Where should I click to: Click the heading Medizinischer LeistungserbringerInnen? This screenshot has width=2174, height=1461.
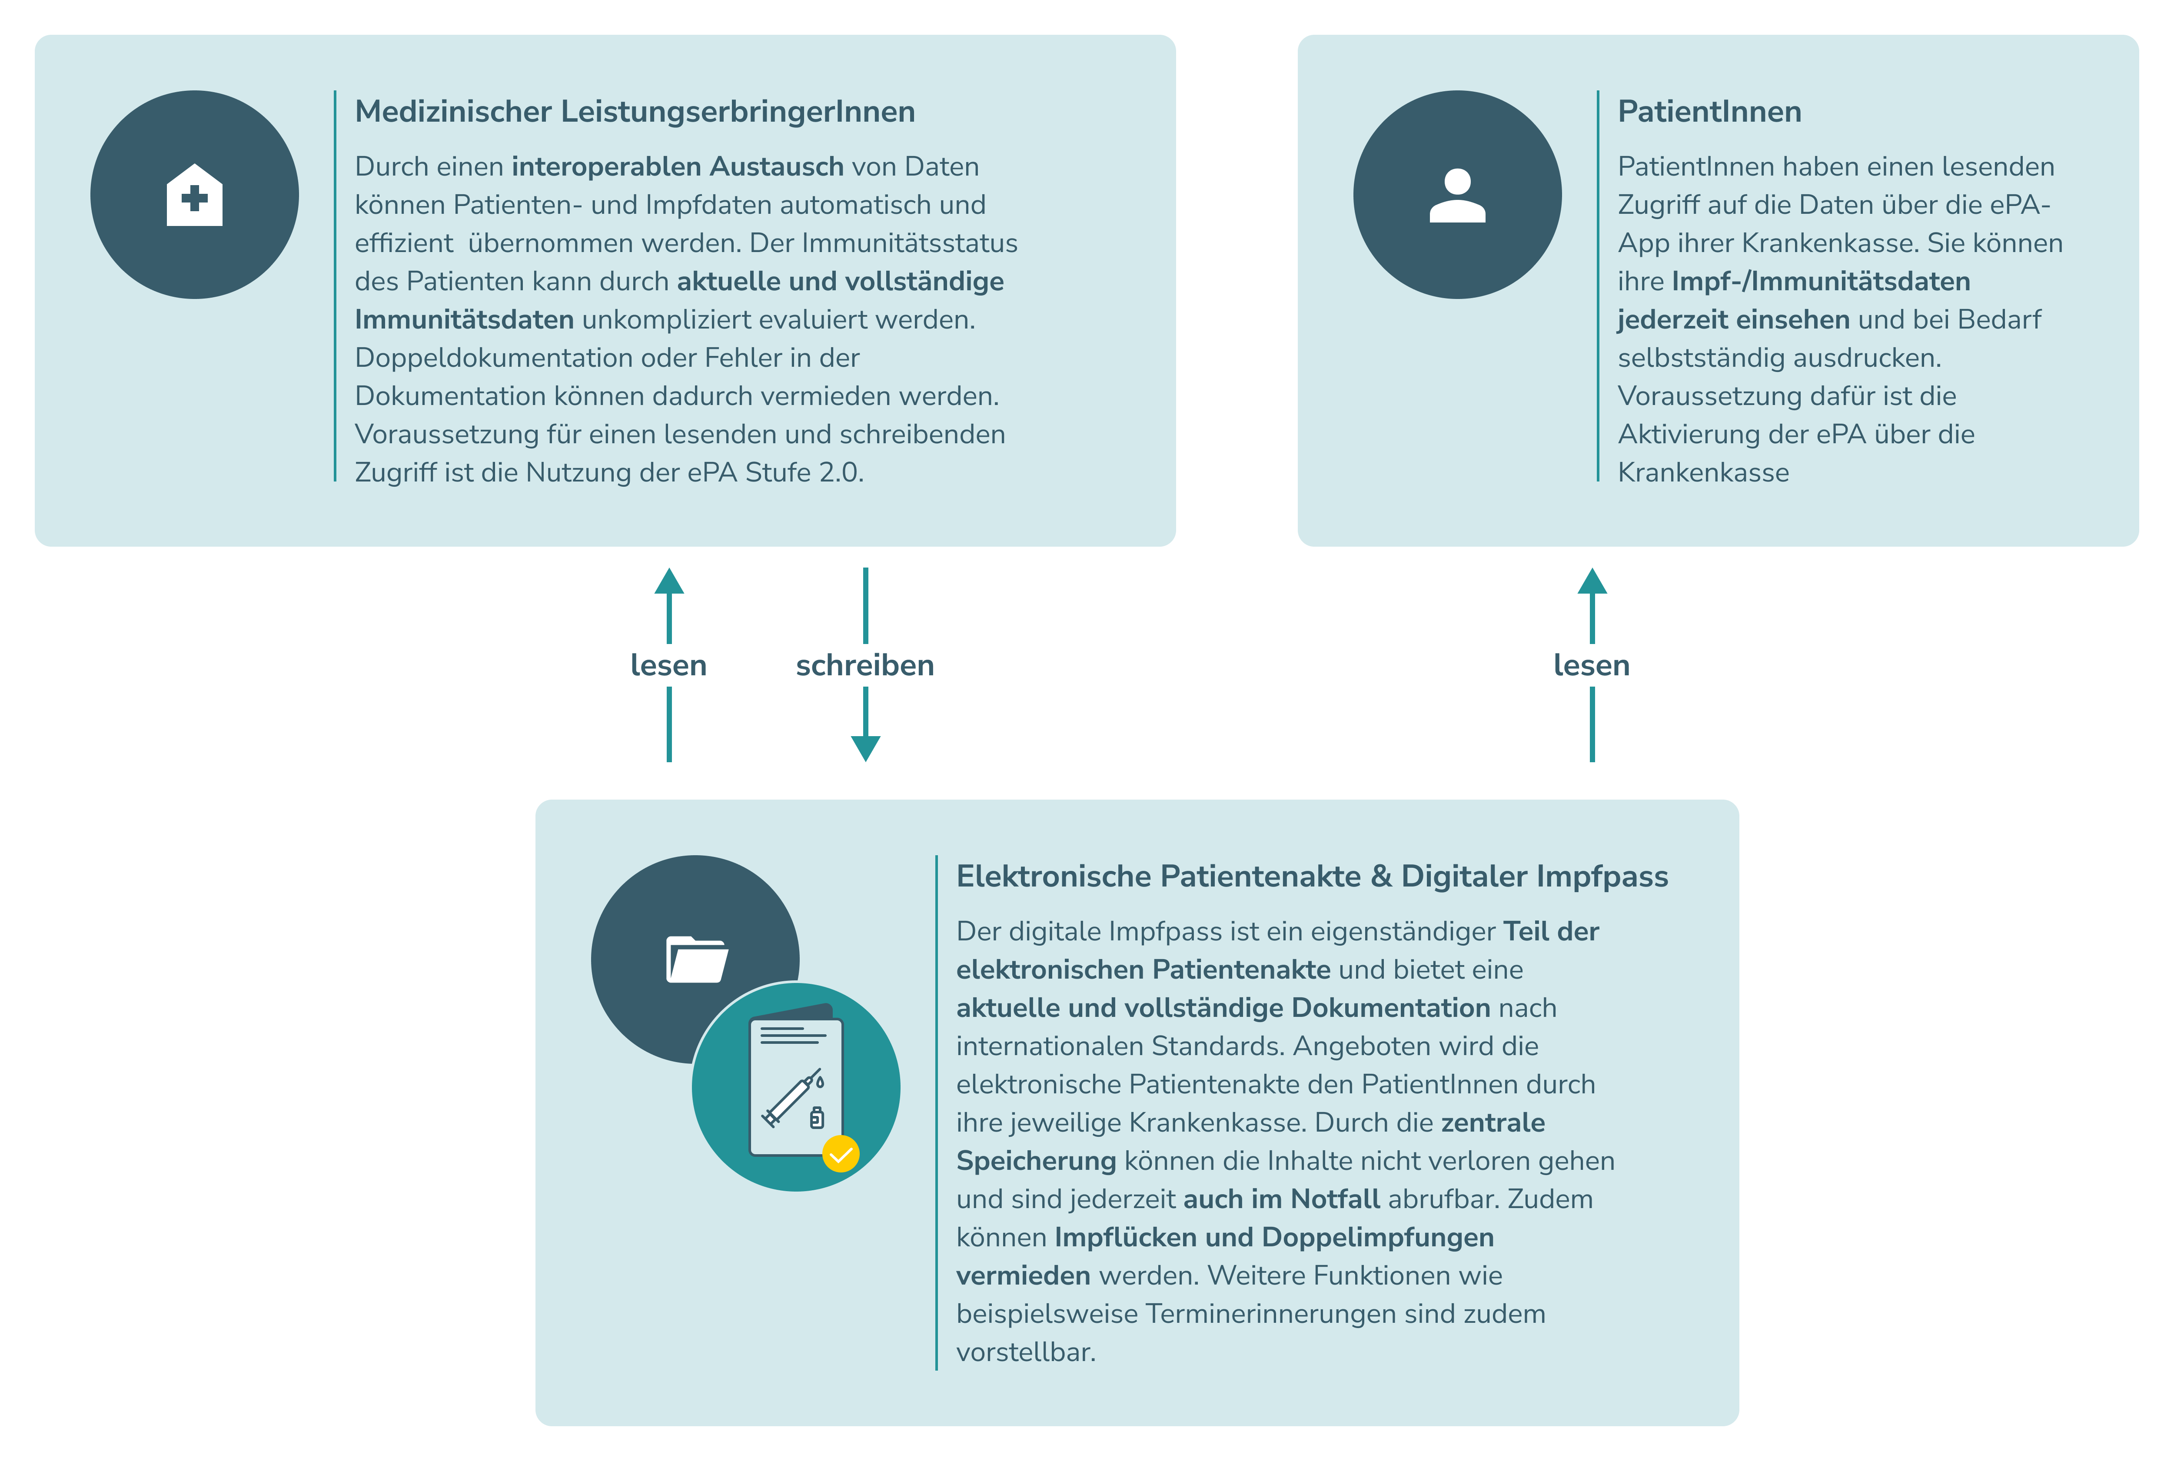(635, 112)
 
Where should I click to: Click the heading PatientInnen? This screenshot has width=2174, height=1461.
(1709, 112)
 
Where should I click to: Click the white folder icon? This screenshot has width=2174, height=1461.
(696, 960)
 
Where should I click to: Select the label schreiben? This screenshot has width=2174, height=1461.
(865, 665)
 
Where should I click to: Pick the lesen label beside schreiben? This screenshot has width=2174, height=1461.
(668, 665)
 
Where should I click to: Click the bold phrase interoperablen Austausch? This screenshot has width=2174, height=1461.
(678, 167)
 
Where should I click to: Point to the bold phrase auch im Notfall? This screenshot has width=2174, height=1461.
(1281, 1199)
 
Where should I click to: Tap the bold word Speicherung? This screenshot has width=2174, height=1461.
(1035, 1161)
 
